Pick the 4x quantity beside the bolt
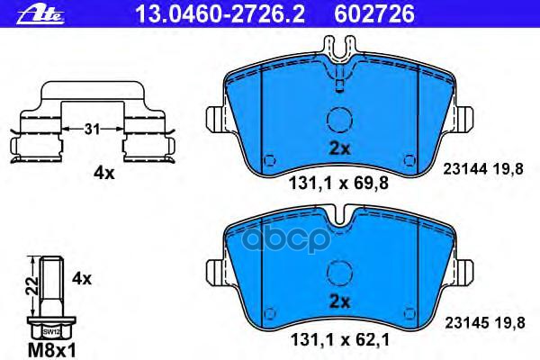point(81,279)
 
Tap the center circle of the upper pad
point(338,121)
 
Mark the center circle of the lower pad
point(338,270)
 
